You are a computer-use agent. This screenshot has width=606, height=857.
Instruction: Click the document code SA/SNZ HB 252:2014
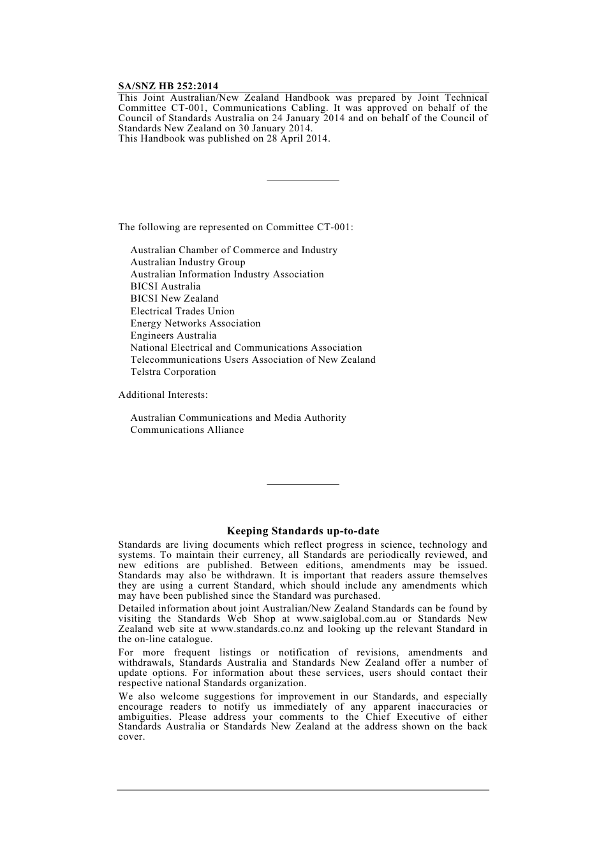[168, 86]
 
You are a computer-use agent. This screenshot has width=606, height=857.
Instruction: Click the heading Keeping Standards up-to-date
[303, 531]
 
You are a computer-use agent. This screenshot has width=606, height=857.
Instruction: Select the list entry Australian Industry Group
[188, 262]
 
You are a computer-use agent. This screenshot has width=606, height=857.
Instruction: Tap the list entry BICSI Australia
[165, 286]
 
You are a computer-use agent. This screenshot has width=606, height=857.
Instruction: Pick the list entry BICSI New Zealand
[174, 298]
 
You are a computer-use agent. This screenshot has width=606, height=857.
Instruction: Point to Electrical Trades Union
[182, 311]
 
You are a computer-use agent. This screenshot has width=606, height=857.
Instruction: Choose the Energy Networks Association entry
[195, 323]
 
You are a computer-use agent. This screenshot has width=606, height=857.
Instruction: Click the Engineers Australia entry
[174, 335]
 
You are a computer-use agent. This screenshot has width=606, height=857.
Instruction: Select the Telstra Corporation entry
[173, 372]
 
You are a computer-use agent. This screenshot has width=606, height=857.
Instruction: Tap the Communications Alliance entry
[187, 430]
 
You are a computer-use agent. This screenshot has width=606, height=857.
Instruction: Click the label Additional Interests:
[163, 395]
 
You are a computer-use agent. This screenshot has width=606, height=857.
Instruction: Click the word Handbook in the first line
[307, 98]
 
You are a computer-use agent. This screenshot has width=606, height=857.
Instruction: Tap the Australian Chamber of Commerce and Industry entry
[233, 250]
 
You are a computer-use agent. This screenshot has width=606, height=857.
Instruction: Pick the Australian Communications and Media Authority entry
[238, 418]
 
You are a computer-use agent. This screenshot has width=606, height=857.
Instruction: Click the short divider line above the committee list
[303, 180]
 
